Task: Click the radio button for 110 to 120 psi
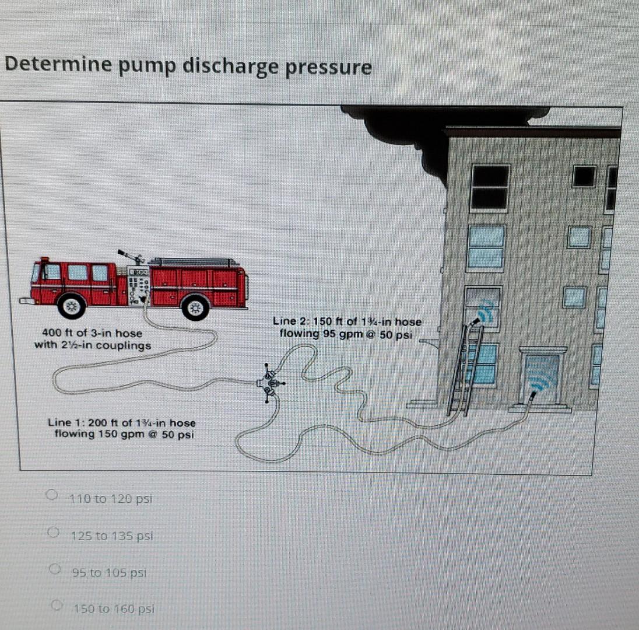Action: (x=52, y=496)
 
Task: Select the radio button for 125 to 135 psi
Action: (x=54, y=533)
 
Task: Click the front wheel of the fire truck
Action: (x=72, y=306)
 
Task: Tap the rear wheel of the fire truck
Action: (x=195, y=307)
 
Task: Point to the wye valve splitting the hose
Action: (x=269, y=383)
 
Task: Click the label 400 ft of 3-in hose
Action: (x=92, y=333)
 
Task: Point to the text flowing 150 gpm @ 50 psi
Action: (x=124, y=435)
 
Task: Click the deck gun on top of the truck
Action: (x=130, y=257)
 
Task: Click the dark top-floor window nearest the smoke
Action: (x=490, y=187)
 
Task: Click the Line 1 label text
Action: (x=122, y=423)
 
